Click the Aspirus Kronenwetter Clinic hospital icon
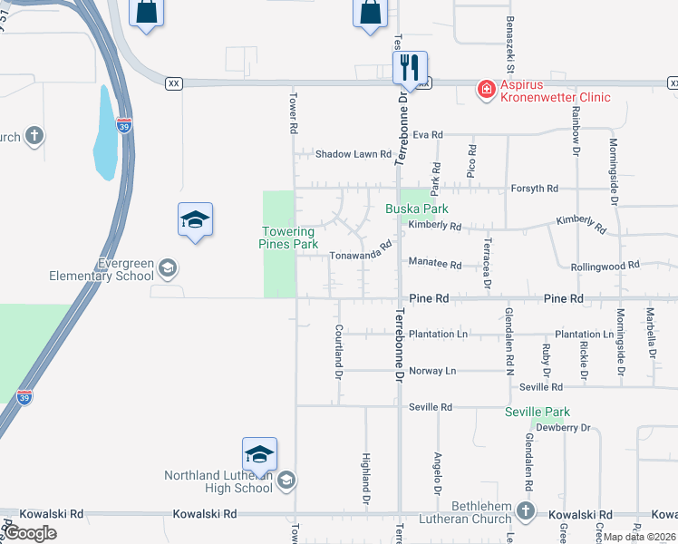[487, 88]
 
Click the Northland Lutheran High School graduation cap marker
[259, 454]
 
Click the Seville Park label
[537, 412]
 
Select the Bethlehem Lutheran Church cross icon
[525, 511]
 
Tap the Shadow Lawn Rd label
[353, 154]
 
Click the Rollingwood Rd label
[605, 267]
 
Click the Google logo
[29, 532]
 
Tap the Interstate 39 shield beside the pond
[125, 125]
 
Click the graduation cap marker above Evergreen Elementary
[195, 220]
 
